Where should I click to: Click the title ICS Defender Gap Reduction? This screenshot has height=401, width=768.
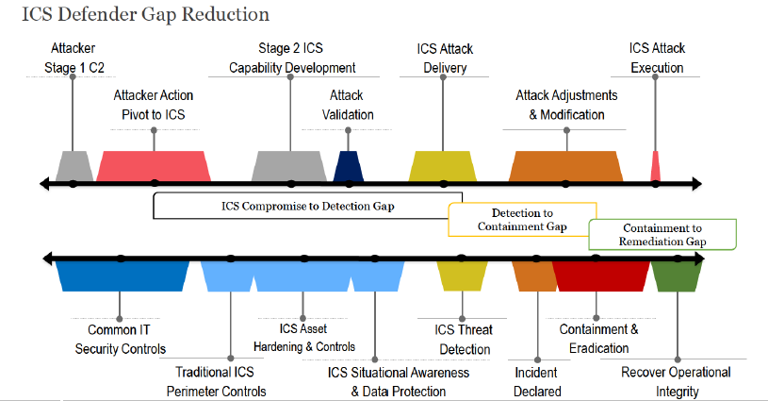pyautogui.click(x=145, y=15)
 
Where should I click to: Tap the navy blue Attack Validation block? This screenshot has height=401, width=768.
pyautogui.click(x=349, y=166)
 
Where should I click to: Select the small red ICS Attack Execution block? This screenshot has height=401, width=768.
pyautogui.click(x=655, y=166)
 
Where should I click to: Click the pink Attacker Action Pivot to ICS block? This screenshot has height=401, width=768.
pyautogui.click(x=154, y=166)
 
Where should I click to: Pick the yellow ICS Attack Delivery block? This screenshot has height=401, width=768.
pyautogui.click(x=443, y=166)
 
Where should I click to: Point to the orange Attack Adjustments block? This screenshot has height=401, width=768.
pyautogui.click(x=565, y=166)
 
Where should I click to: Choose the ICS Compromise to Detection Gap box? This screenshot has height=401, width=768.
pyautogui.click(x=307, y=206)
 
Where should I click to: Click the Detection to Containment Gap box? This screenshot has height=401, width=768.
pyautogui.click(x=522, y=220)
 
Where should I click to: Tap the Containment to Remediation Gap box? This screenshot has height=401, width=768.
pyautogui.click(x=662, y=234)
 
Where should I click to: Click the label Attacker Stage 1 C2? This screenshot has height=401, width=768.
pyautogui.click(x=74, y=58)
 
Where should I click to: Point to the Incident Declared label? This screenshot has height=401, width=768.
pyautogui.click(x=537, y=382)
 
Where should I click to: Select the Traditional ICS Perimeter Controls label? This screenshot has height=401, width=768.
pyautogui.click(x=216, y=381)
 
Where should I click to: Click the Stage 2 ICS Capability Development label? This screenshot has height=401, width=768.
pyautogui.click(x=292, y=58)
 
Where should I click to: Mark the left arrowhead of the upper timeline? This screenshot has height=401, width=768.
pyautogui.click(x=44, y=184)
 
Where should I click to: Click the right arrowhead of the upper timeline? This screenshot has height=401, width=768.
pyautogui.click(x=696, y=184)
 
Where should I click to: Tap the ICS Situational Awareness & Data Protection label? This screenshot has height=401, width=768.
pyautogui.click(x=399, y=382)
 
